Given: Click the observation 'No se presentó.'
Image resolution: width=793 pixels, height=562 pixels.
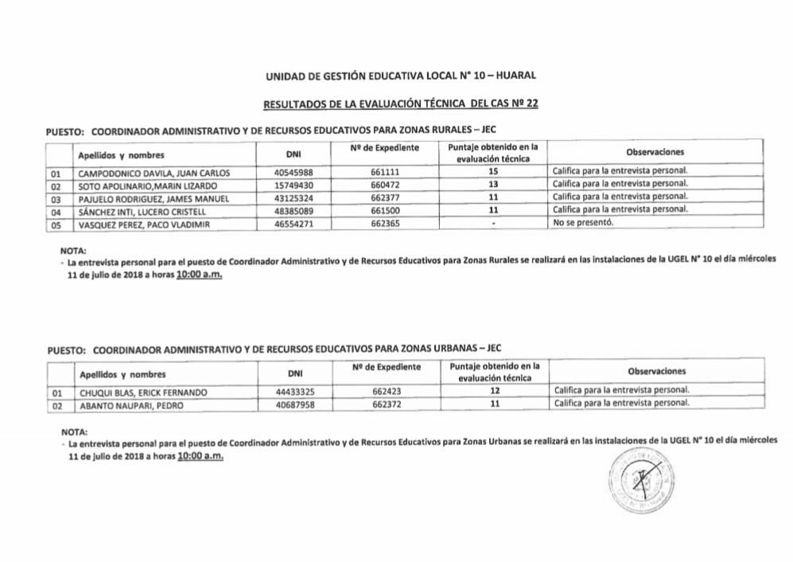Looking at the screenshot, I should coord(581,224).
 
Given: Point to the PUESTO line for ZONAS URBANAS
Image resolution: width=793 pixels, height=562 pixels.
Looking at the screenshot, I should coord(274,349).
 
